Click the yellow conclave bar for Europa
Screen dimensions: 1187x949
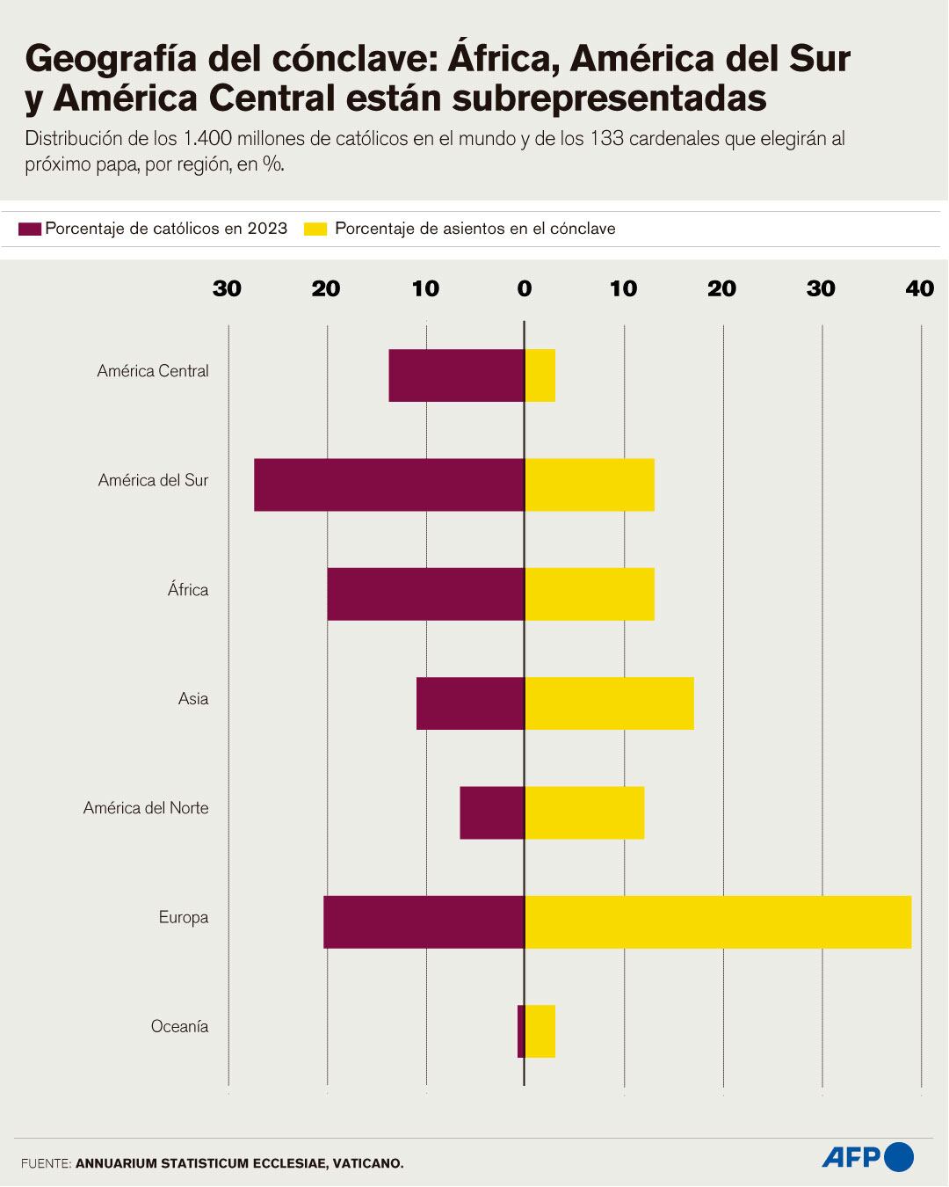pos(718,921)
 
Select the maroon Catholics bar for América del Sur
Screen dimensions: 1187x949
pos(389,484)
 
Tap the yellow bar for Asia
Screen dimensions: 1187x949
pos(609,703)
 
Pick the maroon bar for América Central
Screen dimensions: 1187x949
pos(457,375)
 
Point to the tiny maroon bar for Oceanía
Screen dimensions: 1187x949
pos(521,1030)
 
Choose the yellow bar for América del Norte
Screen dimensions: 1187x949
pos(584,812)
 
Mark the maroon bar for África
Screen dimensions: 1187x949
pos(426,593)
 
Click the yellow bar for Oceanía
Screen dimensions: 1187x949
pos(540,1030)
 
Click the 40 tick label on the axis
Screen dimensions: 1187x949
pos(920,288)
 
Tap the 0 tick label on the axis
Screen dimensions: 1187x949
pos(525,288)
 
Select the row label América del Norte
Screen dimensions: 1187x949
pos(146,808)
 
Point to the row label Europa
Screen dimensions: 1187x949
pos(184,917)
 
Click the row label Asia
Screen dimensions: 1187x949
pos(193,699)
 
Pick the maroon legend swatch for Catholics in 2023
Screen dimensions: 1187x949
pos(30,229)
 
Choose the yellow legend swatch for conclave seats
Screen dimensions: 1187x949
pos(315,229)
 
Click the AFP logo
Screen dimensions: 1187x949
pos(868,1156)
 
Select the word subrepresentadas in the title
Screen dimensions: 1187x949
pos(610,98)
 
